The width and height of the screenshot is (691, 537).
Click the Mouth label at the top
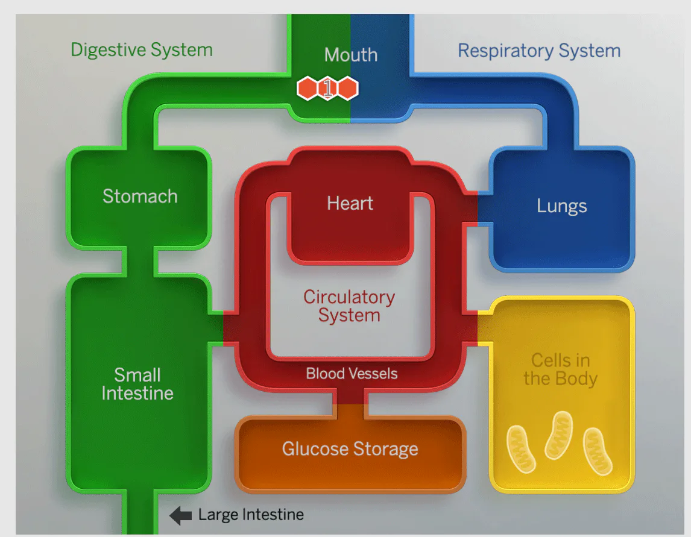click(x=351, y=55)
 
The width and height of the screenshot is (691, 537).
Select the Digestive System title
click(x=142, y=49)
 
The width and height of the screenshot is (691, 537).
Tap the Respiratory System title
click(x=539, y=51)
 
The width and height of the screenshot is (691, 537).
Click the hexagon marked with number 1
click(x=327, y=89)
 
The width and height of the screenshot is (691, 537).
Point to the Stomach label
click(x=140, y=196)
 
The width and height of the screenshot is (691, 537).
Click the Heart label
click(x=350, y=203)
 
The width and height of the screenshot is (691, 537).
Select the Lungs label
click(x=561, y=206)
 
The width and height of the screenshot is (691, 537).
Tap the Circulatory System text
click(x=349, y=306)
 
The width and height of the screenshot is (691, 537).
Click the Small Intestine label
click(x=137, y=384)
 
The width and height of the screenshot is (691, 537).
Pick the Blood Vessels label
click(x=352, y=374)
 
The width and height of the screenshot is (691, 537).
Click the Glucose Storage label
click(x=350, y=449)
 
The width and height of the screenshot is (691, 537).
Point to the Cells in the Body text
click(x=560, y=369)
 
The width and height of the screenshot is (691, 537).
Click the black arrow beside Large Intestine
click(x=180, y=515)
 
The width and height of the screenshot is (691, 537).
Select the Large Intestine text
click(x=251, y=515)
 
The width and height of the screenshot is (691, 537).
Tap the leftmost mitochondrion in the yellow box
click(x=520, y=448)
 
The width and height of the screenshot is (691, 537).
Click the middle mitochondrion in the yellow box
click(x=558, y=435)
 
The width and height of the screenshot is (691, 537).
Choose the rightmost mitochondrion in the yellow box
click(x=598, y=451)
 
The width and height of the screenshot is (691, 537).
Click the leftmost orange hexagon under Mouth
click(x=308, y=89)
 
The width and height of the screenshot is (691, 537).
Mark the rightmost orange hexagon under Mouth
click(x=347, y=89)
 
